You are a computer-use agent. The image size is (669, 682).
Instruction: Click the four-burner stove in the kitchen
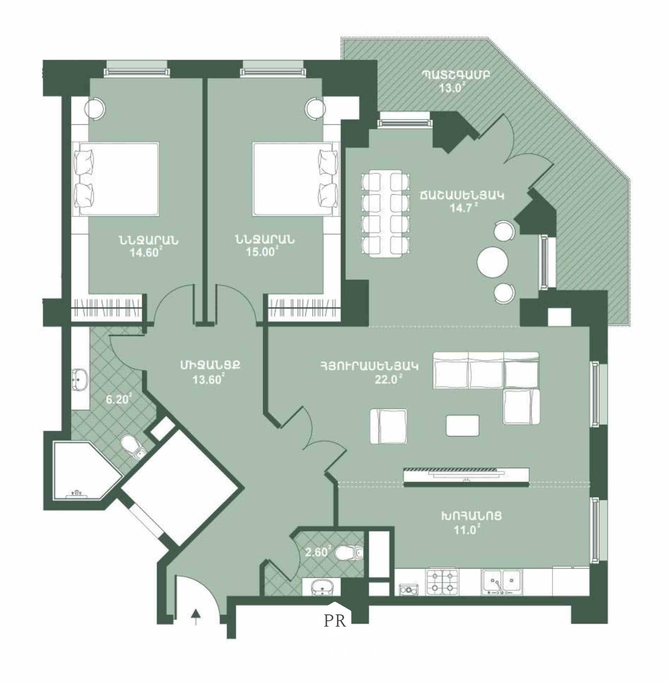(442, 582)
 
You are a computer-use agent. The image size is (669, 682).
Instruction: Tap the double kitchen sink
(502, 582)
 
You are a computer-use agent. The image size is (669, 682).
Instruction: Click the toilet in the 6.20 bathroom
(133, 447)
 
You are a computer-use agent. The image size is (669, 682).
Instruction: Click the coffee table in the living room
(462, 425)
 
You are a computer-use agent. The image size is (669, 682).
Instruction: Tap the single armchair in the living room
(389, 426)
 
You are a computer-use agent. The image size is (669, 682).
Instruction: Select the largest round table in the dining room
(492, 263)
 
